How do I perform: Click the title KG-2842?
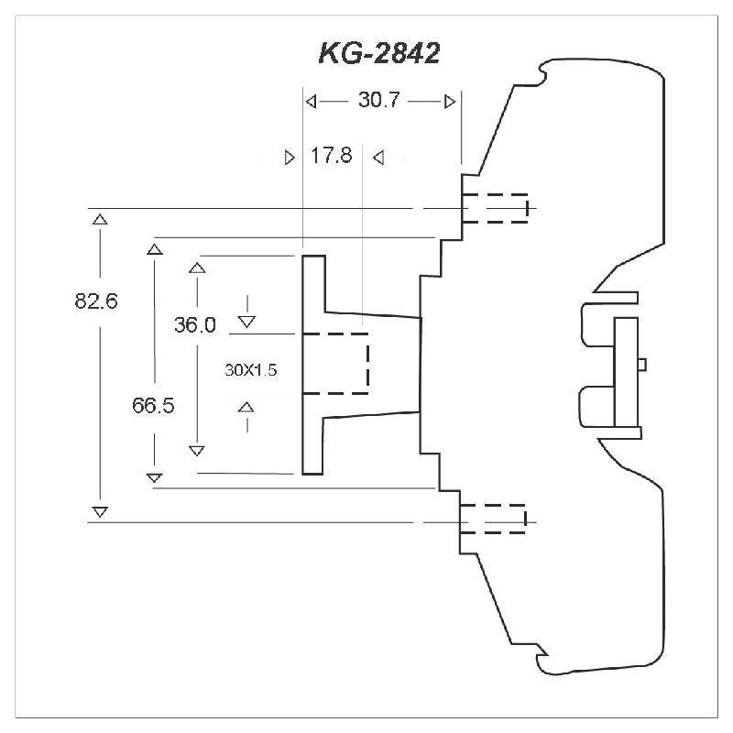(x=378, y=53)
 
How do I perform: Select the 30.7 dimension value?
(x=378, y=101)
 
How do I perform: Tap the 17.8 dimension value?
(x=331, y=156)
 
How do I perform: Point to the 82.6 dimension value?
(x=96, y=301)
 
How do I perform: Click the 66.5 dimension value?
(x=153, y=406)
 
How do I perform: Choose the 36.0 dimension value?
(x=195, y=324)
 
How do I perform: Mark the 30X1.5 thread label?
(x=250, y=371)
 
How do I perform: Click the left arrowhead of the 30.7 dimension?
(x=312, y=101)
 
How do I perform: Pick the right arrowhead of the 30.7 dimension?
(x=449, y=101)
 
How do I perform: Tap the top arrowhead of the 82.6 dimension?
(x=100, y=219)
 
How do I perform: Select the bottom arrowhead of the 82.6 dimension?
(x=100, y=510)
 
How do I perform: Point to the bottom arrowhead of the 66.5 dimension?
(x=154, y=476)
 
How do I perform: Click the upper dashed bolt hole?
(x=495, y=208)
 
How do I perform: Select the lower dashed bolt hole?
(x=493, y=519)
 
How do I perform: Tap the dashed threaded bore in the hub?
(x=335, y=363)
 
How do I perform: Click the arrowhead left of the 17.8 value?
(x=290, y=157)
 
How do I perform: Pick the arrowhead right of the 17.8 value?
(x=377, y=157)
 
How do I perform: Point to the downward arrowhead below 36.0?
(x=246, y=321)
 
